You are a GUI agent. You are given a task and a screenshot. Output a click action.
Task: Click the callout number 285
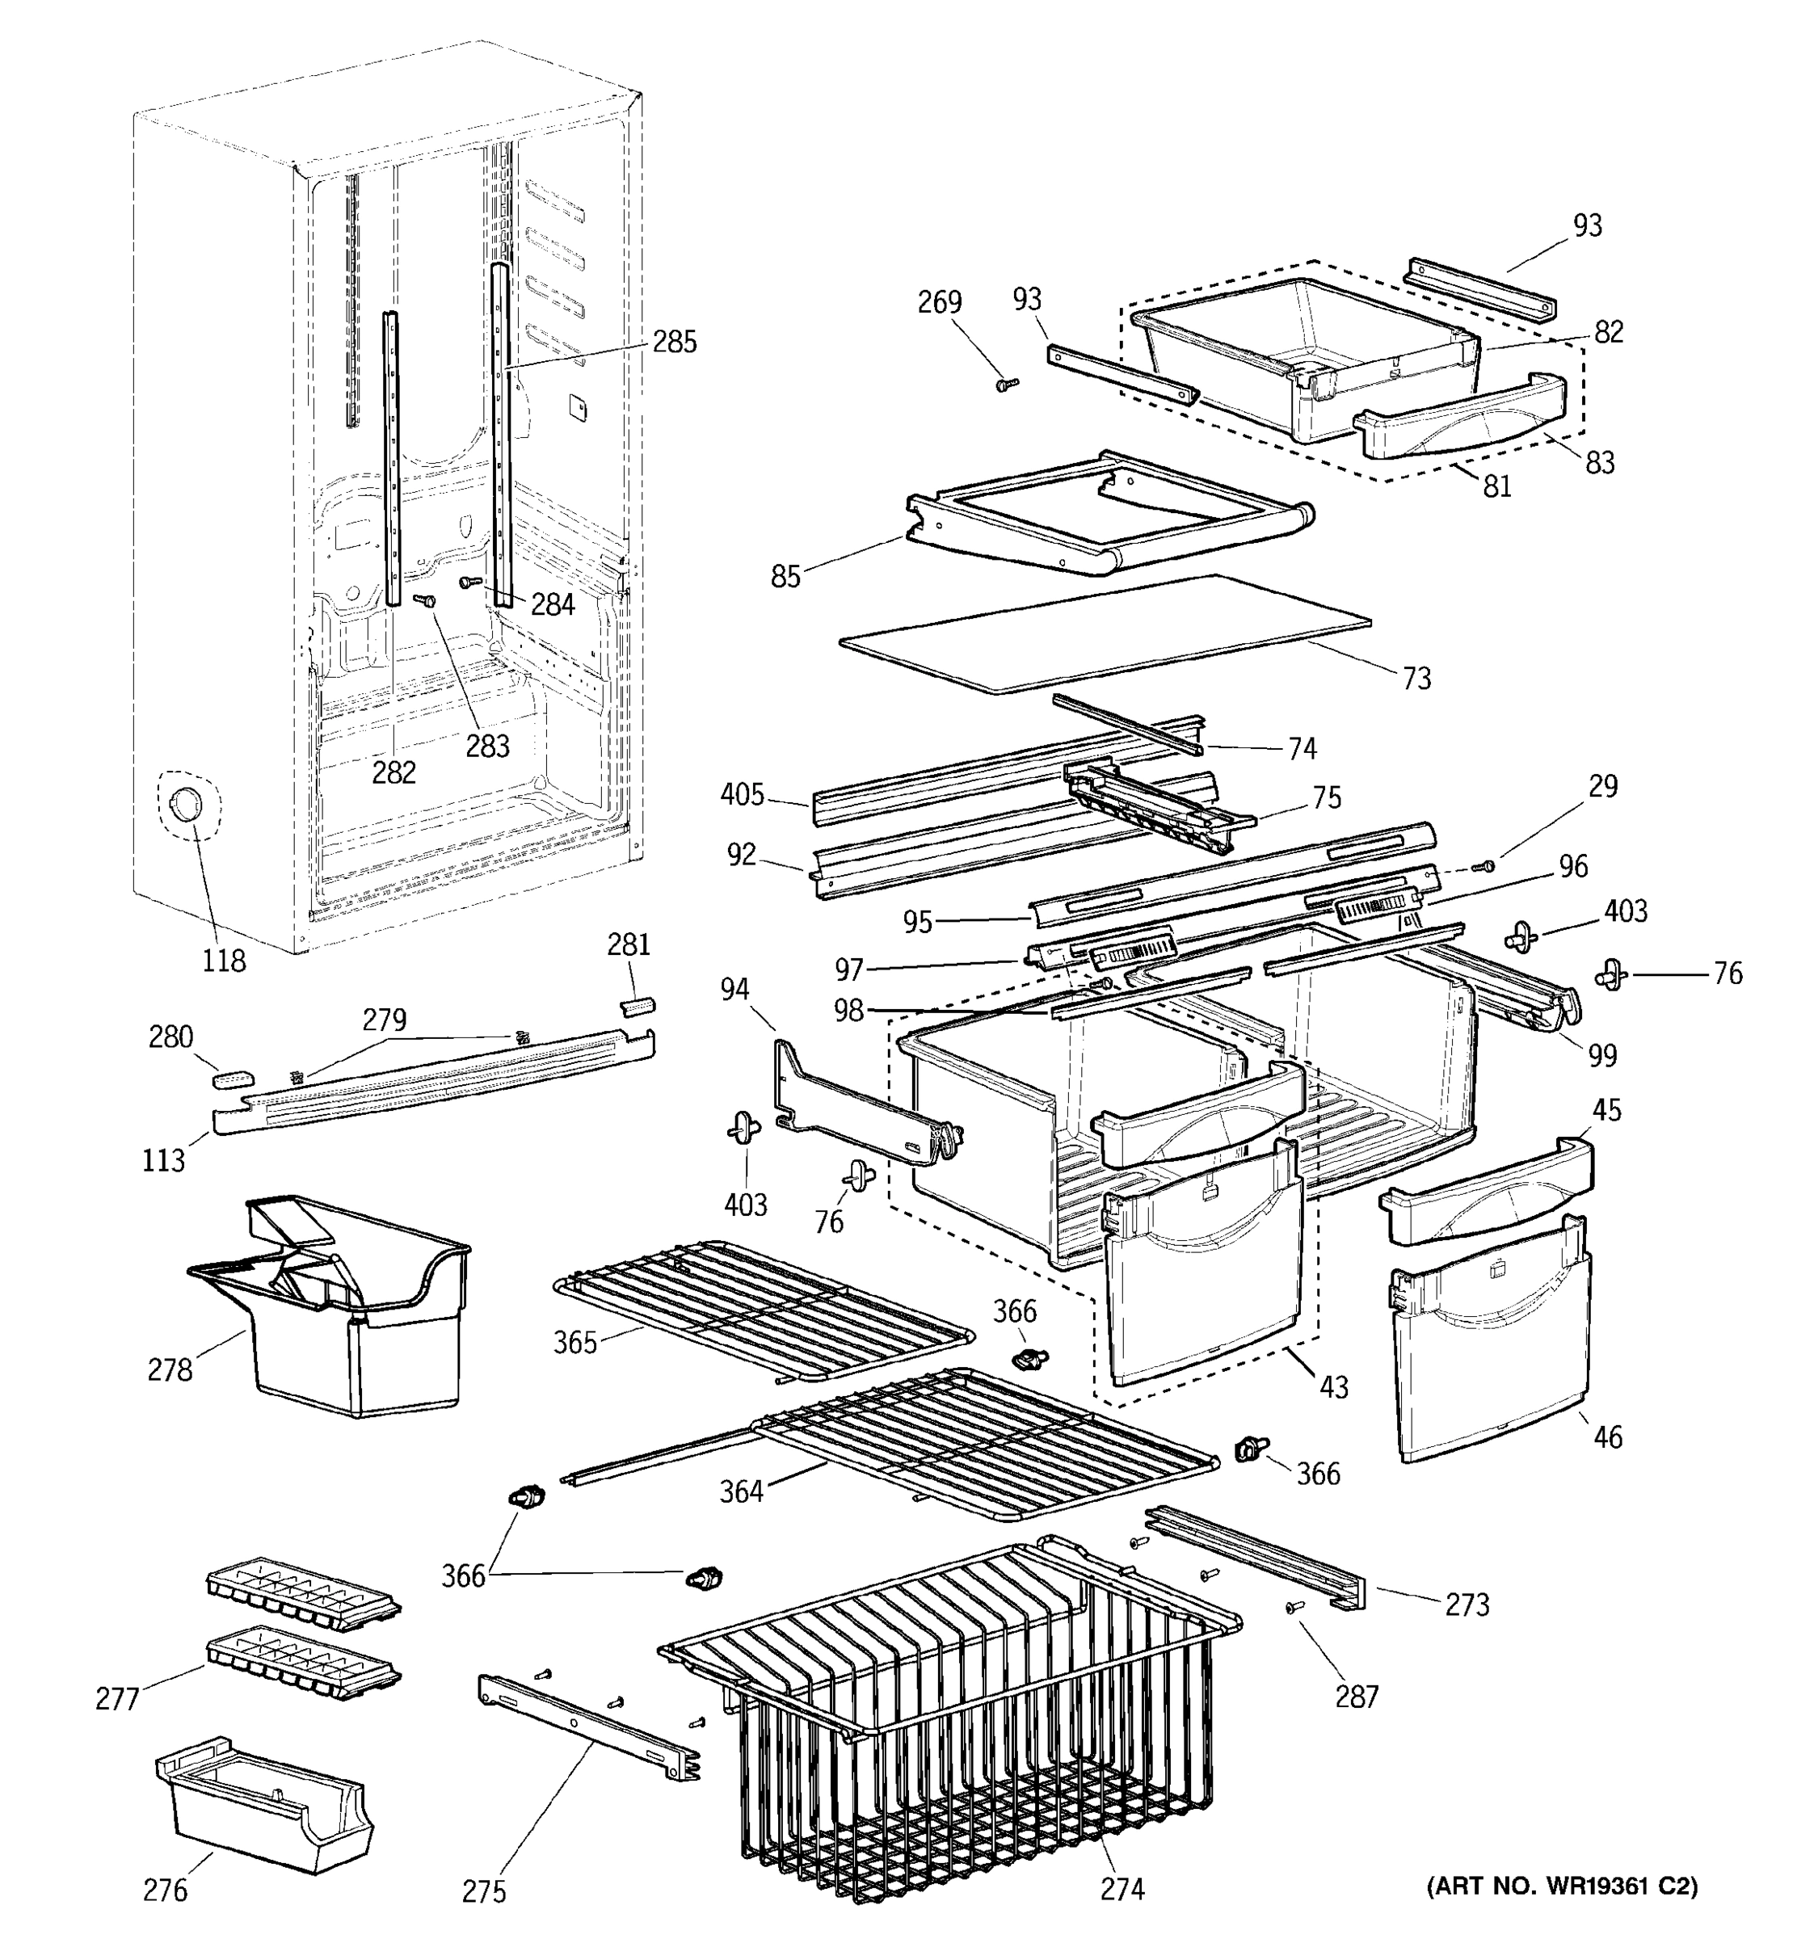coord(674,342)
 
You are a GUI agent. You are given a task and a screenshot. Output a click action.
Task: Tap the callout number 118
coord(223,961)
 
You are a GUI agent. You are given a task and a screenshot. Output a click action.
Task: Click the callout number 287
coord(1356,1697)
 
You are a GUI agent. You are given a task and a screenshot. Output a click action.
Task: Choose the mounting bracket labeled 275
coord(585,1727)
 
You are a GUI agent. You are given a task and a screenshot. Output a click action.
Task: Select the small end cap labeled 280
coord(231,1079)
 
